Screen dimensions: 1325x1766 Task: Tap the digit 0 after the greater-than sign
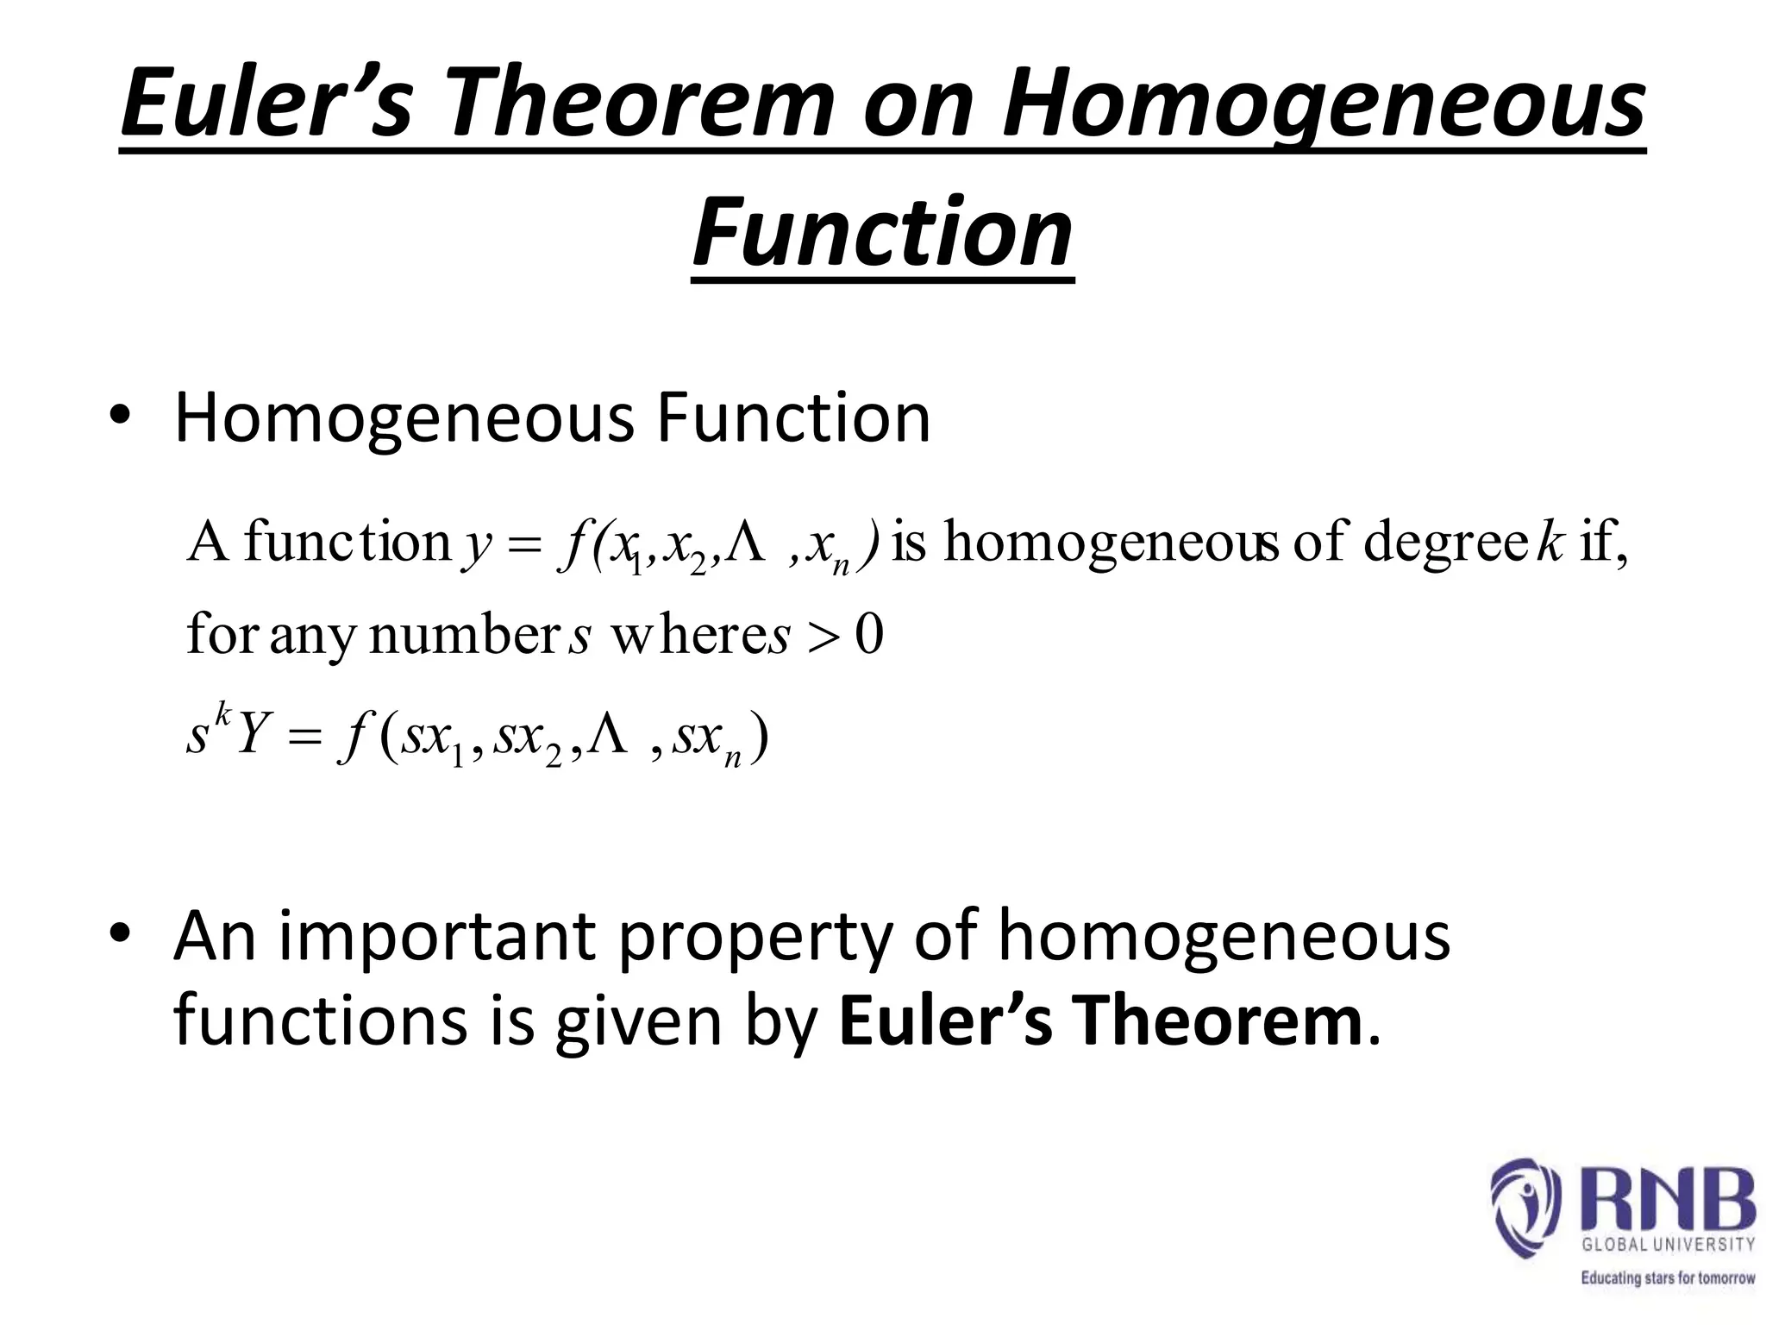coord(869,637)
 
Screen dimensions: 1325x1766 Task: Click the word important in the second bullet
coord(436,937)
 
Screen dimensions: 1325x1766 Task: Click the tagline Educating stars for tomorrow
coord(1668,1278)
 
